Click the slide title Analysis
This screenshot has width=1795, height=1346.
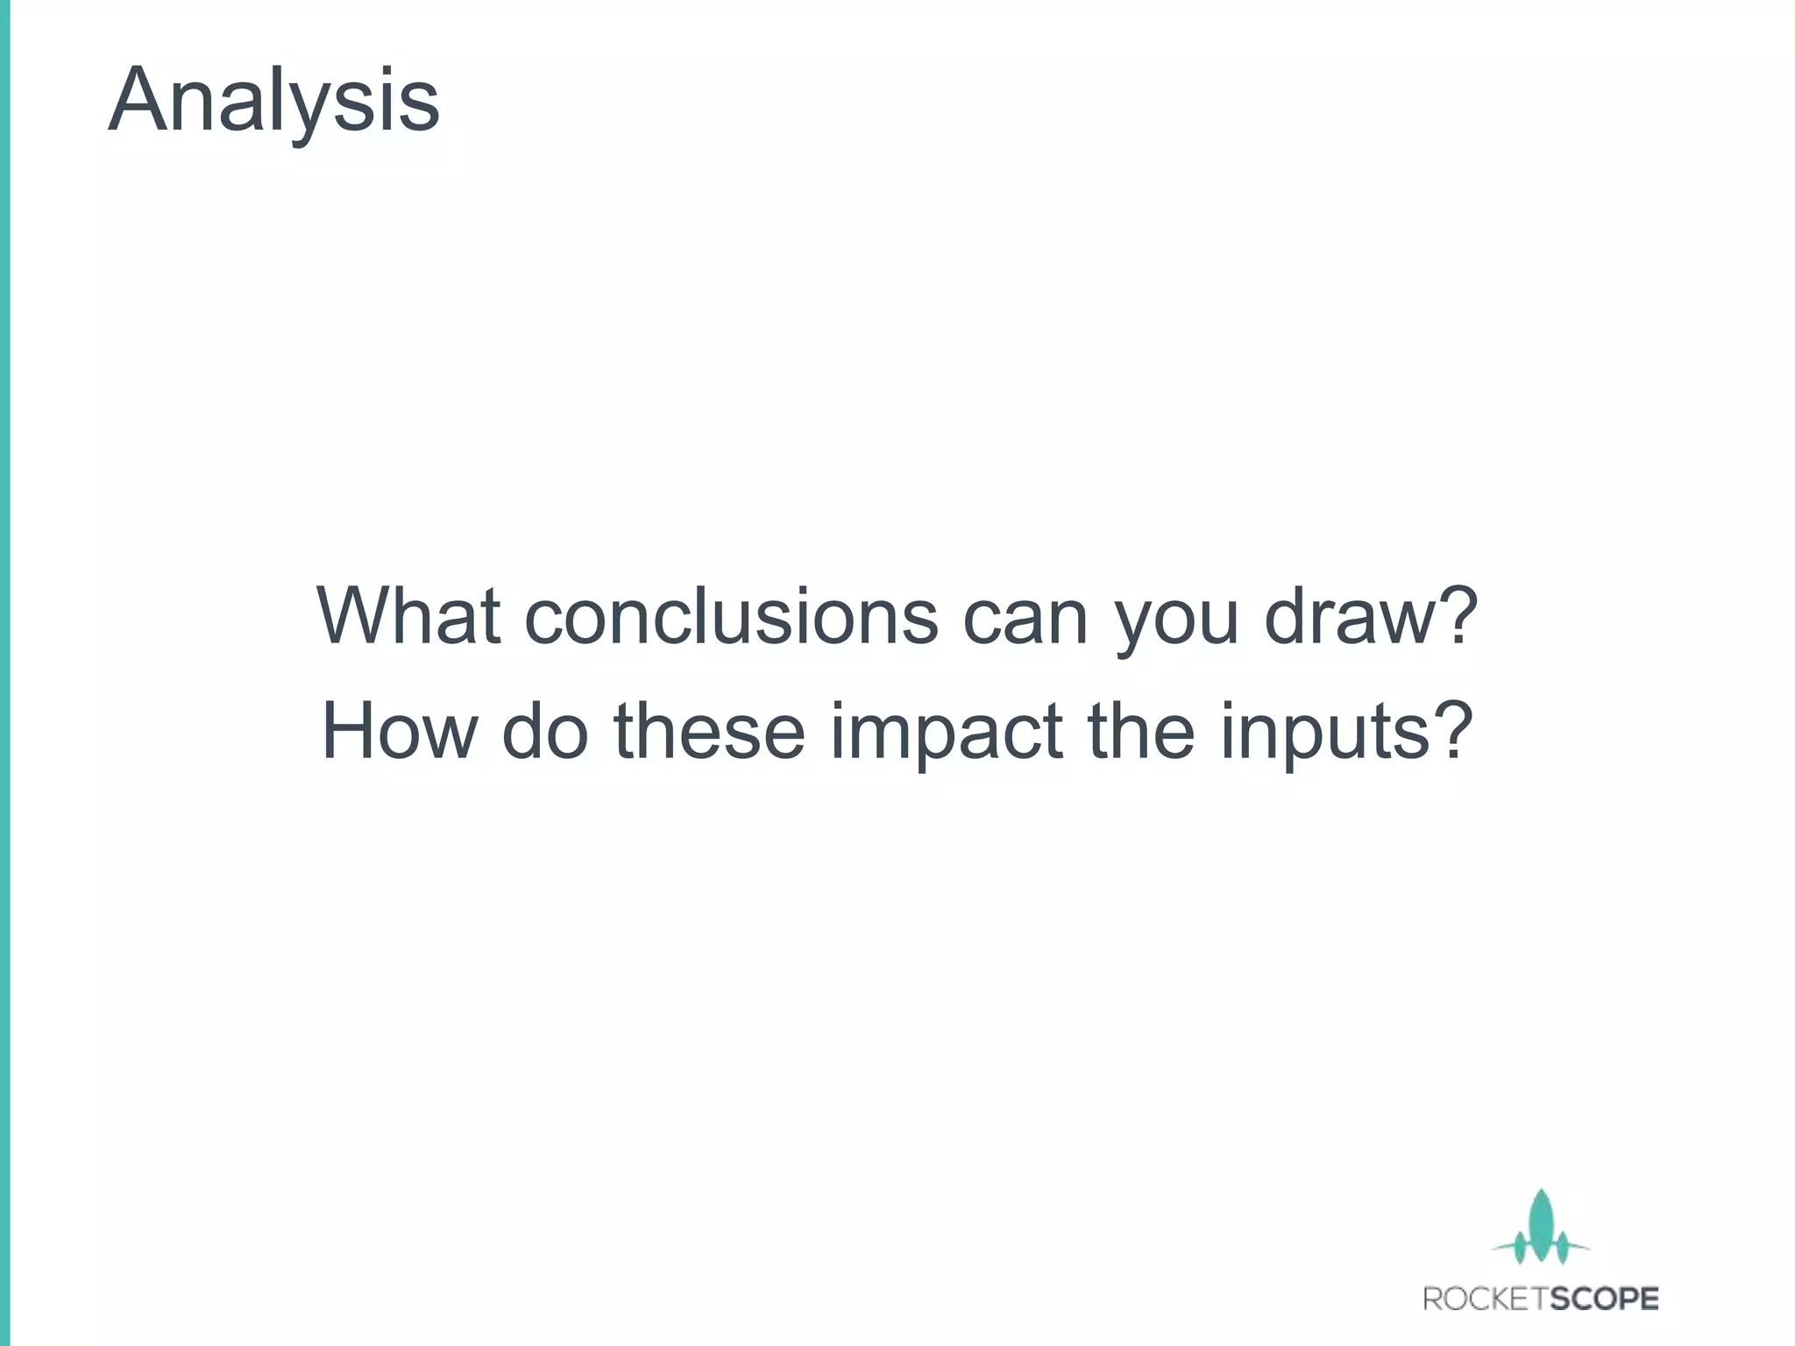273,101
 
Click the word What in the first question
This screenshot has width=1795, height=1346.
408,615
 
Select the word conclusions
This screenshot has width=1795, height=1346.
731,615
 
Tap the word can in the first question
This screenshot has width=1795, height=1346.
1025,617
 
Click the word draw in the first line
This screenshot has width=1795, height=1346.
1350,615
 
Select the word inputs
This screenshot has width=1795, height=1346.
1329,732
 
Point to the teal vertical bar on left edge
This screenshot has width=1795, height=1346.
4,673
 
